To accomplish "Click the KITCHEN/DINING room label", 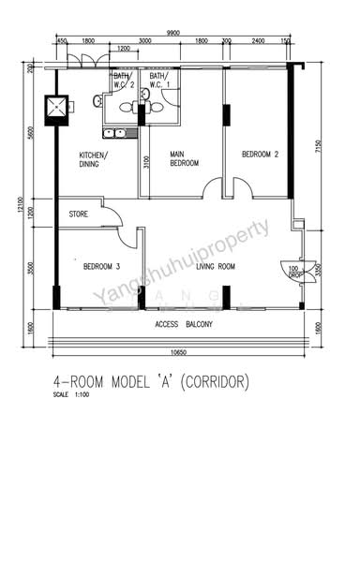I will pyautogui.click(x=94, y=160).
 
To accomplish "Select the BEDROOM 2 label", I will pyautogui.click(x=261, y=154).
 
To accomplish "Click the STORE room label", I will pyautogui.click(x=79, y=214).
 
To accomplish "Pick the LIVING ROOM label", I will pyautogui.click(x=216, y=267).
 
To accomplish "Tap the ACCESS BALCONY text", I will pyautogui.click(x=184, y=325).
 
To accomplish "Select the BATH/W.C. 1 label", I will pyautogui.click(x=158, y=81).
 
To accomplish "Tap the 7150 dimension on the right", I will pyautogui.click(x=320, y=146).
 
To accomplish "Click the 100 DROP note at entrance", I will pyautogui.click(x=292, y=272).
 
